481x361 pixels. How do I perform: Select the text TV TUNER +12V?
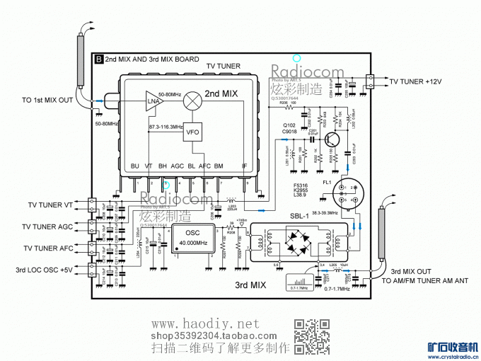pyautogui.click(x=415, y=82)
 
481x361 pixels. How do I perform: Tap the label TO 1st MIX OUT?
pyautogui.click(x=47, y=100)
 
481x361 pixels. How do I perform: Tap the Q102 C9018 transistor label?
pyautogui.click(x=290, y=128)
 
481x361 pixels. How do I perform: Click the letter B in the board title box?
pyautogui.click(x=98, y=60)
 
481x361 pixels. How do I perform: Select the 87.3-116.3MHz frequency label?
pyautogui.click(x=168, y=126)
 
